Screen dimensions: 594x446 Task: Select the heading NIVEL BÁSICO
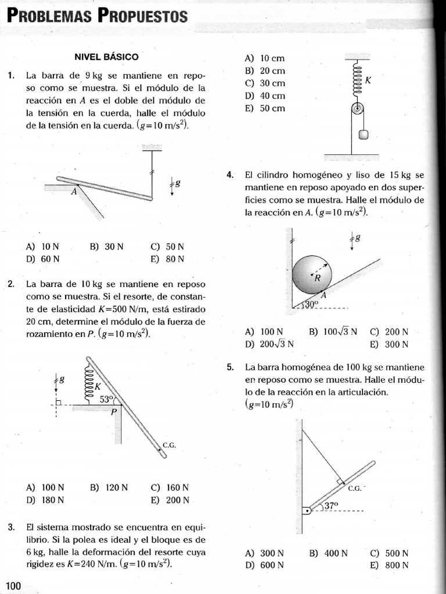(106, 57)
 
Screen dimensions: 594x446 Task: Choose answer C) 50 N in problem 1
(167, 247)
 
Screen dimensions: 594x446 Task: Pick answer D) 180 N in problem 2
(45, 500)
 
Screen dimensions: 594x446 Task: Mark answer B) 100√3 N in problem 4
(333, 332)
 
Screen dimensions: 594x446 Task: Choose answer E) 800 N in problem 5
(389, 565)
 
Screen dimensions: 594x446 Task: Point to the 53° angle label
(107, 399)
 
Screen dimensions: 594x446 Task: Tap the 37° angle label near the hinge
(331, 506)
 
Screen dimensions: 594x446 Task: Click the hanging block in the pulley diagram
(364, 135)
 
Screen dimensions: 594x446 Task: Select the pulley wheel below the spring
(358, 108)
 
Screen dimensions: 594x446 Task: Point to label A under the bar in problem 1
(74, 191)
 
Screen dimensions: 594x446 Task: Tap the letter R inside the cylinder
(318, 278)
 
